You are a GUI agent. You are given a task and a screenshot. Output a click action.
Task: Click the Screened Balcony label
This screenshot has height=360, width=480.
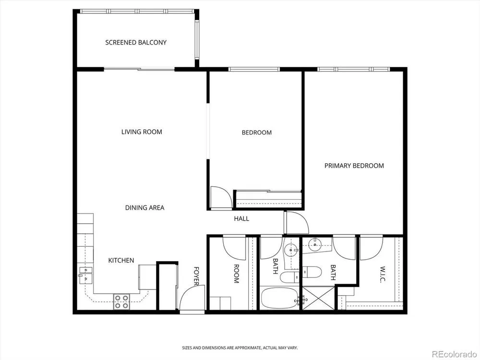[x=136, y=42]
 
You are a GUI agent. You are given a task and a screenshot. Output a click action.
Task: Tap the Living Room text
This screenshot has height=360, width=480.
[x=142, y=132]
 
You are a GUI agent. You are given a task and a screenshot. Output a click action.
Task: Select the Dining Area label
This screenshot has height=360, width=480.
[x=145, y=207]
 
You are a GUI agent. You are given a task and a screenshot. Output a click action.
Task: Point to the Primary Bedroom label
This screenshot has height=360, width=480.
[x=354, y=166]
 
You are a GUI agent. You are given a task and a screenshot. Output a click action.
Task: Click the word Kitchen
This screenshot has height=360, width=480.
[x=121, y=260]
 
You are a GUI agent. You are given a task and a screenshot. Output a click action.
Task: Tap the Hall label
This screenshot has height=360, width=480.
[x=241, y=218]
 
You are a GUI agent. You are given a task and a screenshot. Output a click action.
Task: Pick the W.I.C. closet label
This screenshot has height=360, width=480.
[x=383, y=274]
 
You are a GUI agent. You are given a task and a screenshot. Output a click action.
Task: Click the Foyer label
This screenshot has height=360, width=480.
[x=196, y=276]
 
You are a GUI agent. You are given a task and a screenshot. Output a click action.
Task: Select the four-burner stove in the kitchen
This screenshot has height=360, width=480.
[x=121, y=301]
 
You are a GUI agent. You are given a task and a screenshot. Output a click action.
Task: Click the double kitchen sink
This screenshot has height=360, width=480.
[x=85, y=274]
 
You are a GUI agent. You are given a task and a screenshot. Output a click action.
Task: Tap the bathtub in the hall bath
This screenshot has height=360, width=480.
[x=279, y=298]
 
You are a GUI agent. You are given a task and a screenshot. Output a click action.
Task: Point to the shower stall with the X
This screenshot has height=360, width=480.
[x=318, y=298]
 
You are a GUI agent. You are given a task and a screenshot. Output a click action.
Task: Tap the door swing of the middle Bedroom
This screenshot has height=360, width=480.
[x=221, y=198]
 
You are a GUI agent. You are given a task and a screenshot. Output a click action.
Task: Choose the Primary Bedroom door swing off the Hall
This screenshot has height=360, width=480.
[x=296, y=223]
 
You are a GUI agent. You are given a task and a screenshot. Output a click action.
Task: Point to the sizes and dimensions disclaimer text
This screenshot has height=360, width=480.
[x=240, y=348]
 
